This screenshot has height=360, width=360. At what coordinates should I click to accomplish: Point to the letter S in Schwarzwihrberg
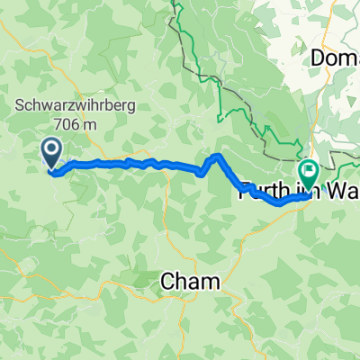point(18,107)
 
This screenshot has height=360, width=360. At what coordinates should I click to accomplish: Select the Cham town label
point(190,283)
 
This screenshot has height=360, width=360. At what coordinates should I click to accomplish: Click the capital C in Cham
point(168,283)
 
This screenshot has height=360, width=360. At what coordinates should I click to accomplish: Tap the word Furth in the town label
point(261,191)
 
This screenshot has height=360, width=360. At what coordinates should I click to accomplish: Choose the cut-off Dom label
point(335,58)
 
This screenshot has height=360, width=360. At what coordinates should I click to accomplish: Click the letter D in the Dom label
point(317,58)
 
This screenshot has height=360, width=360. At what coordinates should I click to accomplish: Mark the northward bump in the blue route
point(214,157)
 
